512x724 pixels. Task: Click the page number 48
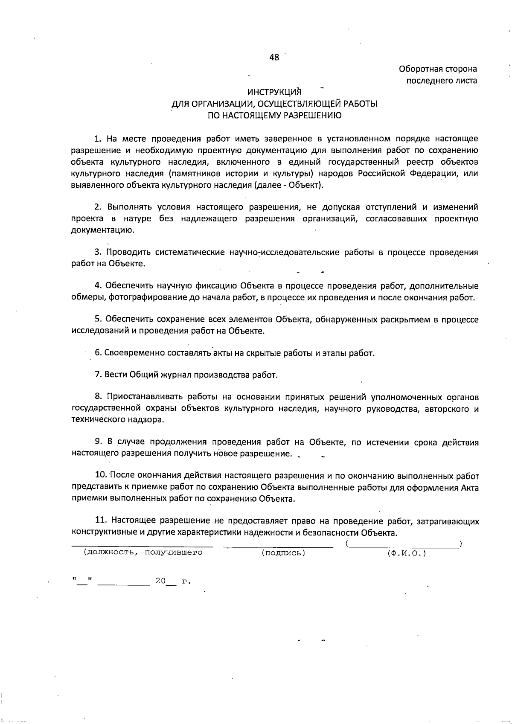coord(274,57)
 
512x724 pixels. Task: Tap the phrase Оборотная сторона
coord(438,69)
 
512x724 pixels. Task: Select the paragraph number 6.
coord(98,353)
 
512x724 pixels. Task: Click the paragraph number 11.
coord(100,520)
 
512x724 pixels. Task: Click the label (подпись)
coord(283,553)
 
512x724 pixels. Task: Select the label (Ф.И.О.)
coord(407,553)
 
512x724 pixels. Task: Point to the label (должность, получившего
coord(143,553)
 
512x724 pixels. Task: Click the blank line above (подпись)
coord(278,546)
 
